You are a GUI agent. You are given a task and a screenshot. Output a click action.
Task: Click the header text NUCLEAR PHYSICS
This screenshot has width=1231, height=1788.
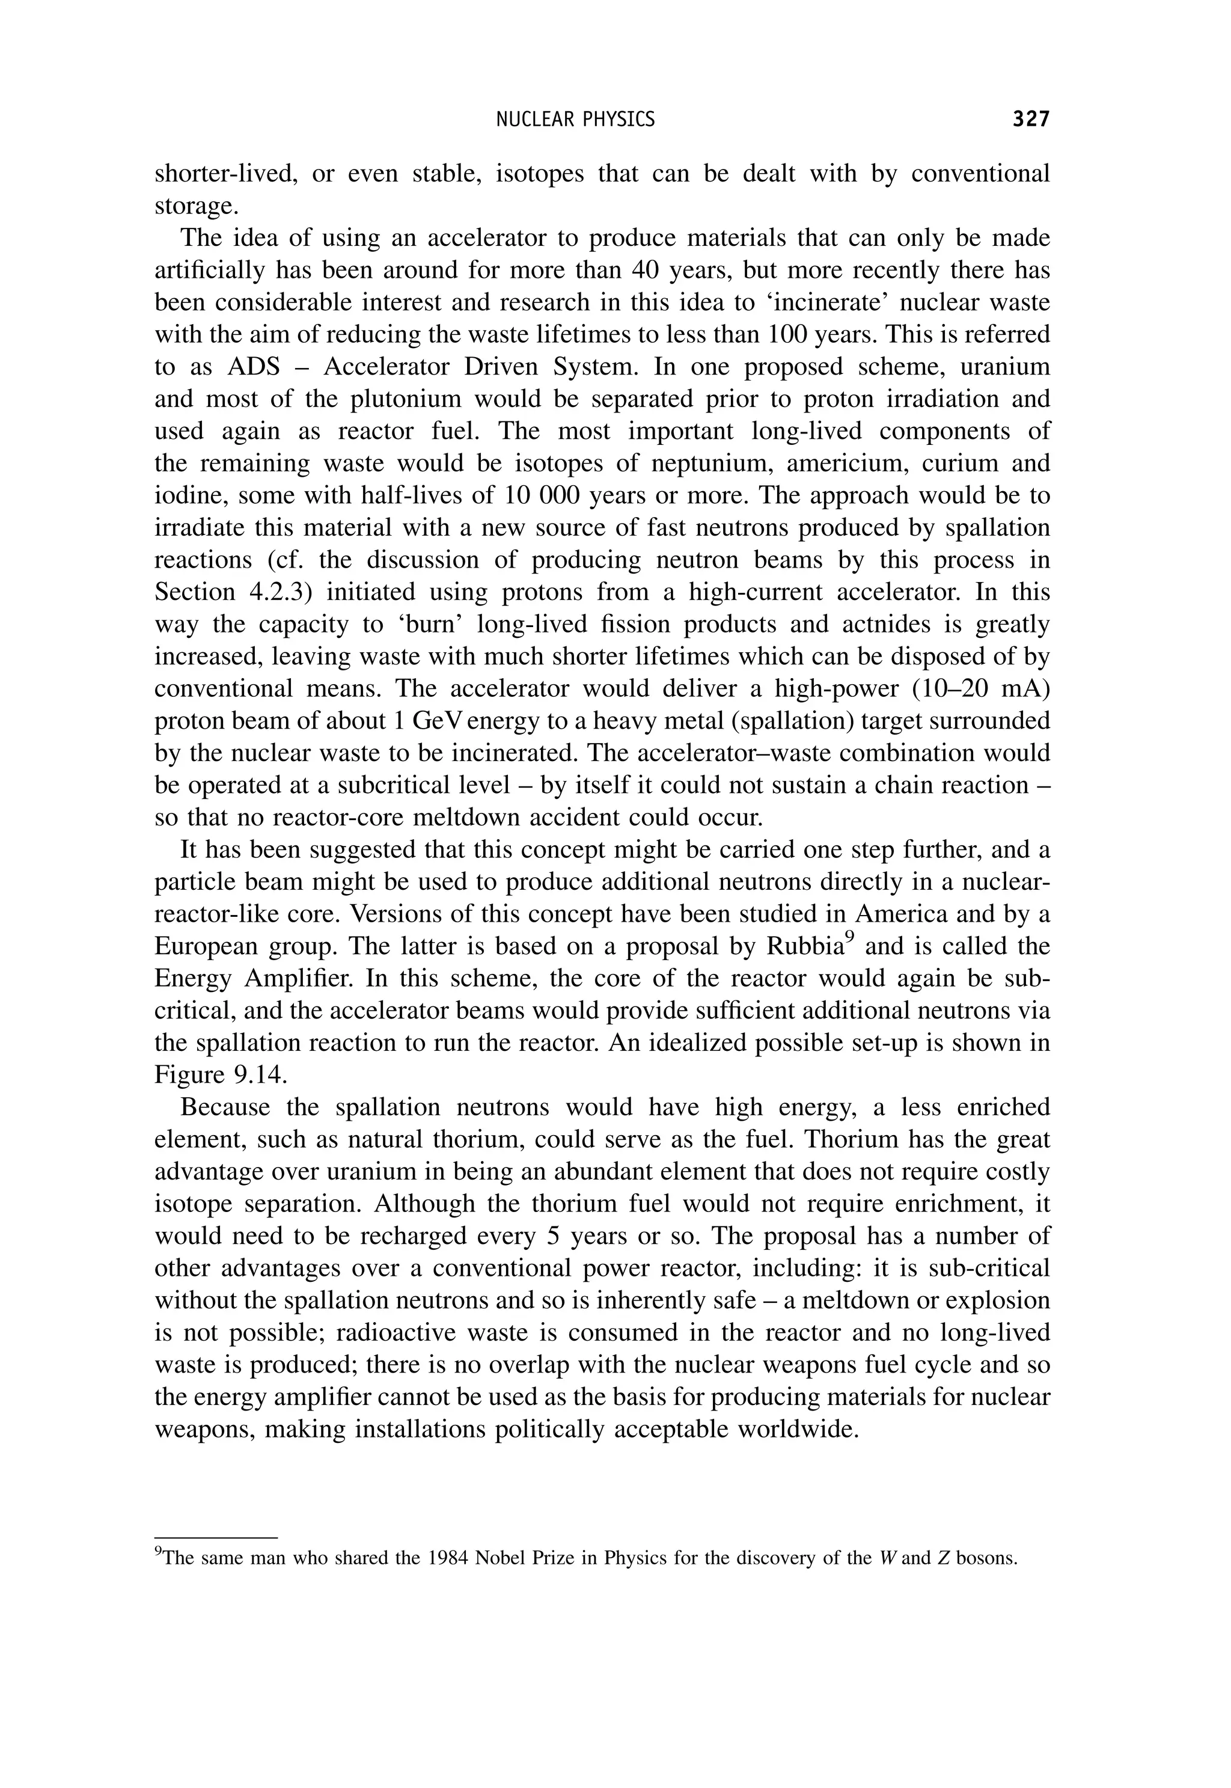click(575, 120)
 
